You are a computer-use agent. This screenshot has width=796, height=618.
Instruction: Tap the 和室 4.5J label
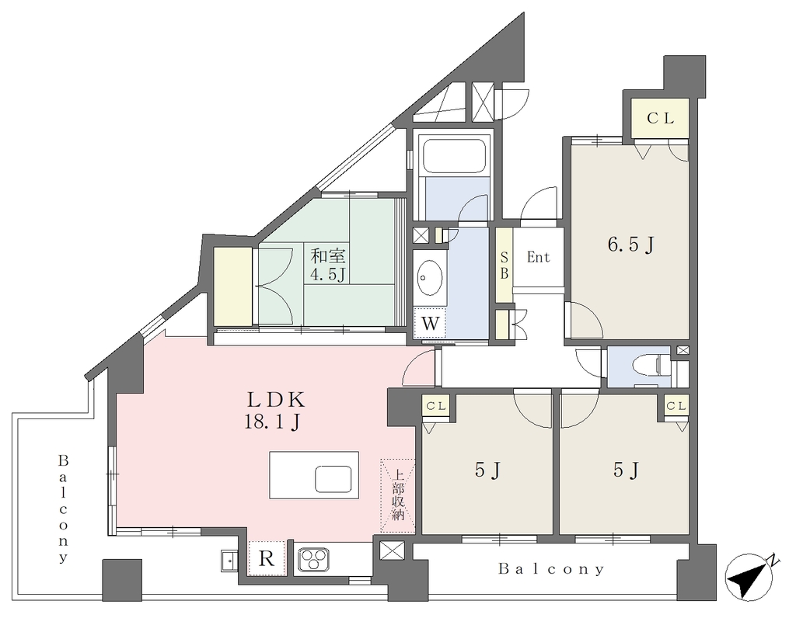tap(327, 265)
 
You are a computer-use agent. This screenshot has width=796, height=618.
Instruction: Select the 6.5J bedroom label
tap(630, 245)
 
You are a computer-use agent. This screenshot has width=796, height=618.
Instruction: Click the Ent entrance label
tap(538, 257)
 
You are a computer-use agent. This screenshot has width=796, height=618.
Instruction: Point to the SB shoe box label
tap(504, 266)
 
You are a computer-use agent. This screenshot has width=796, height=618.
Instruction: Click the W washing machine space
tap(430, 323)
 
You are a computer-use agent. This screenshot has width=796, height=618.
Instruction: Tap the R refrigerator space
tap(267, 558)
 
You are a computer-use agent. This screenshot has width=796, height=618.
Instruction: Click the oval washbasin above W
tap(429, 278)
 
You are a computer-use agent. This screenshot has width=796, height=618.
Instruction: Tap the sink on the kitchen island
tap(333, 479)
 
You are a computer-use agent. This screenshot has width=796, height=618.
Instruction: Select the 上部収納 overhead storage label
tap(398, 496)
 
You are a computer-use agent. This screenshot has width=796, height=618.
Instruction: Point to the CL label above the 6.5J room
tap(661, 118)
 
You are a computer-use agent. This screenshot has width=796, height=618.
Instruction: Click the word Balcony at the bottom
tap(551, 569)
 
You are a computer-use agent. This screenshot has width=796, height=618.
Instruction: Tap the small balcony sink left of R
tap(229, 561)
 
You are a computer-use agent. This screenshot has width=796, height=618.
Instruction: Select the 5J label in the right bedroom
tap(626, 470)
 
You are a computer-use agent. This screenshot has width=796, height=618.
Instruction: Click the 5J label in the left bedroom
tap(488, 471)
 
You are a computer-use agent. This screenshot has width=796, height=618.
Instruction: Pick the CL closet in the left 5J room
tap(436, 406)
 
